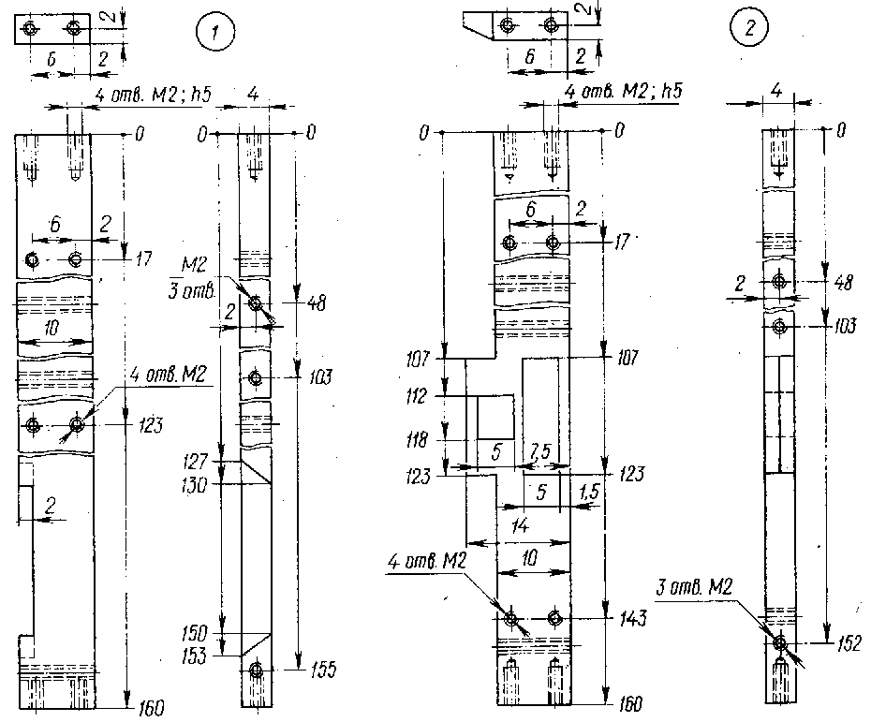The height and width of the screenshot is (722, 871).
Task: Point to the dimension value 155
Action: (322, 670)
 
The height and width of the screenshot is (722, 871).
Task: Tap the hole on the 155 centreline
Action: (258, 670)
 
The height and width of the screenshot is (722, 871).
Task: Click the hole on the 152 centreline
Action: (779, 642)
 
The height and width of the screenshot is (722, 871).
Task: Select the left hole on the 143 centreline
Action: (510, 619)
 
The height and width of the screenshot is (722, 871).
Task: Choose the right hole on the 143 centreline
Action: (555, 619)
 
